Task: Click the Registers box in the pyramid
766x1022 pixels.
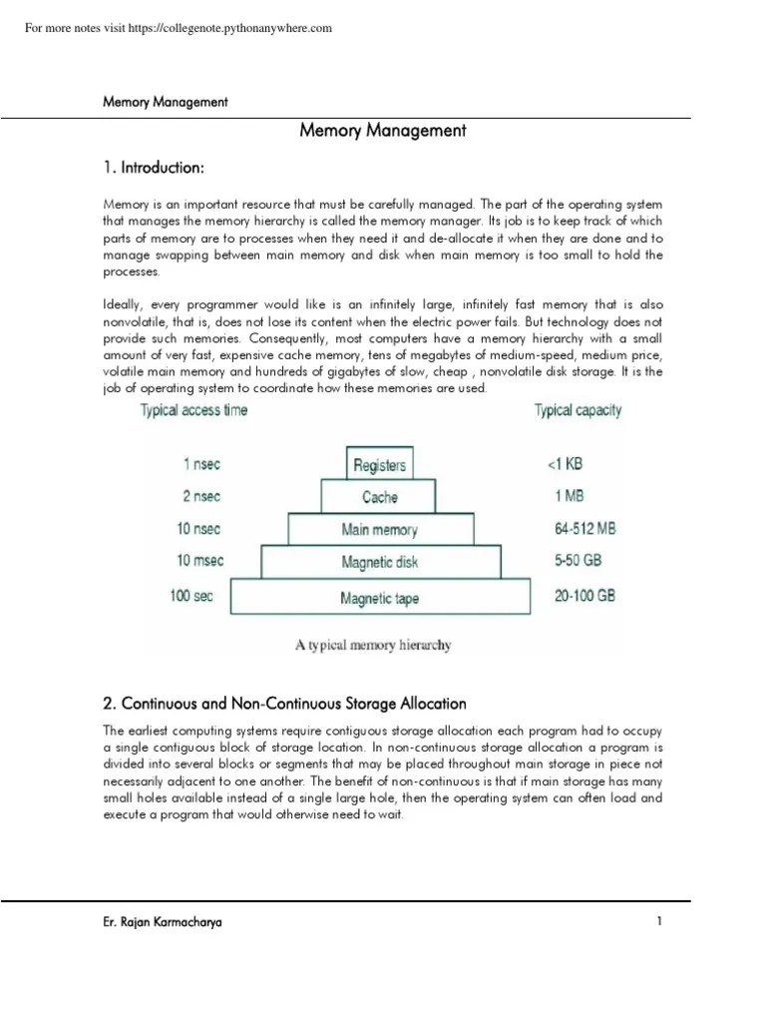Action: click(379, 464)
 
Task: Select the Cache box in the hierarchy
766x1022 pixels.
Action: click(379, 497)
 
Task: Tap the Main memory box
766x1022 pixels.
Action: click(379, 530)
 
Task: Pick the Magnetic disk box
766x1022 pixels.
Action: click(379, 563)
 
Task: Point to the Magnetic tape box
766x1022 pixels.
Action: click(379, 599)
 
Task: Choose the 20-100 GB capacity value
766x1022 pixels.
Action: click(584, 596)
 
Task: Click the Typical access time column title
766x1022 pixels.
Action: click(193, 410)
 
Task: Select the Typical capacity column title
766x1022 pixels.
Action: click(577, 410)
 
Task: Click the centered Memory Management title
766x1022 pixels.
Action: click(383, 131)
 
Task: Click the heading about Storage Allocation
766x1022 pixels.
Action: click(284, 704)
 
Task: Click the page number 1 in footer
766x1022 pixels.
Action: click(659, 922)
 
